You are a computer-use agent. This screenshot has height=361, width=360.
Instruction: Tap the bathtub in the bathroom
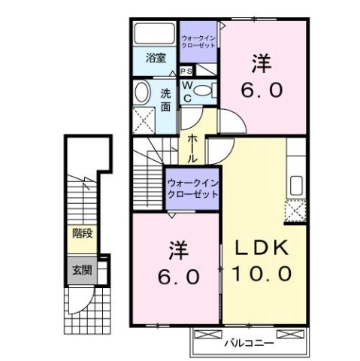pos(154,34)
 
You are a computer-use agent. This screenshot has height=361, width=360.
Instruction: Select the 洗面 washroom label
pos(166,99)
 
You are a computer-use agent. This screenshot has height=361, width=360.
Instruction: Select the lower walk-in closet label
pos(192,187)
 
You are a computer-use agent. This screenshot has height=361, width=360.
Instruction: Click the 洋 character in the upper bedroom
pos(262,65)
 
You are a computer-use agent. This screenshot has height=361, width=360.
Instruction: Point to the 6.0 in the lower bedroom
pos(178,276)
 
